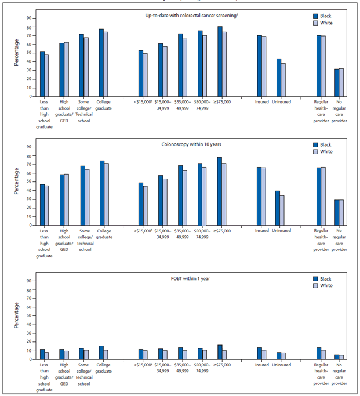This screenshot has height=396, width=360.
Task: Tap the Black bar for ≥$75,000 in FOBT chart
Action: tap(220, 352)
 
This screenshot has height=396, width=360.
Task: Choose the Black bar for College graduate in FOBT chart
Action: tap(101, 353)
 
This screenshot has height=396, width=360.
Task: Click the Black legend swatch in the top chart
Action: tap(315, 16)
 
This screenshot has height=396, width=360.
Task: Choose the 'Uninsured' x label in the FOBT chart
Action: tap(281, 365)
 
